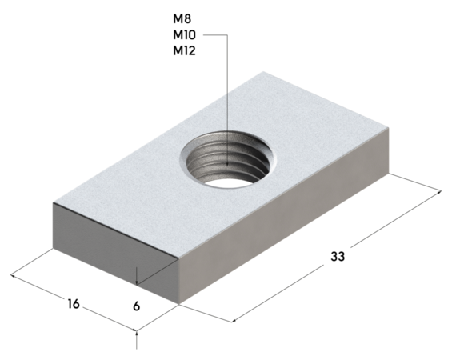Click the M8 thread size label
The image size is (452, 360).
click(x=182, y=18)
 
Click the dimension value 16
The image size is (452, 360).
click(x=74, y=304)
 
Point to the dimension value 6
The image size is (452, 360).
click(x=137, y=306)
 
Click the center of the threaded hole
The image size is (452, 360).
click(x=229, y=160)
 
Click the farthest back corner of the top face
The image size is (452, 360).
click(x=265, y=74)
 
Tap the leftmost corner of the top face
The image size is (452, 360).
click(x=53, y=203)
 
